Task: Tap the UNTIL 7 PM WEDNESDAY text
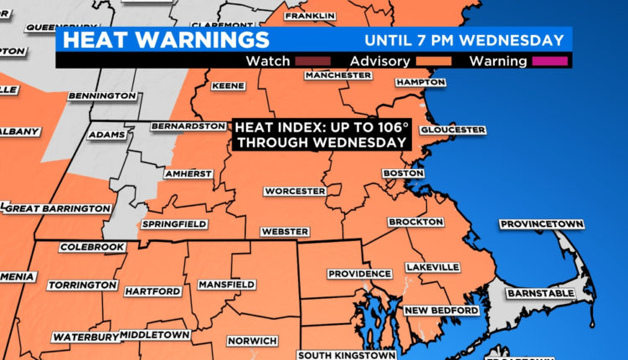click(x=463, y=40)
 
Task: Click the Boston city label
click(x=399, y=173)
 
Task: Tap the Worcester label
click(x=295, y=191)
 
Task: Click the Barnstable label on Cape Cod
click(x=538, y=293)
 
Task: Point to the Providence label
click(x=359, y=274)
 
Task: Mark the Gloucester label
click(x=452, y=130)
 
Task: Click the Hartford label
click(x=152, y=291)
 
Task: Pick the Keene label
click(x=229, y=85)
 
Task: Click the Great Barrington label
click(x=56, y=208)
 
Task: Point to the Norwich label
click(x=252, y=341)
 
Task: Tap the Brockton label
click(x=415, y=222)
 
